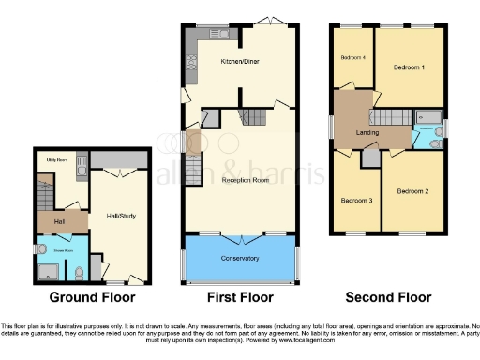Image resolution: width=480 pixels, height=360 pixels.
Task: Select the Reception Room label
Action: [241, 178]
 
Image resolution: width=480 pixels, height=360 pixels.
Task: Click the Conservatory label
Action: [240, 257]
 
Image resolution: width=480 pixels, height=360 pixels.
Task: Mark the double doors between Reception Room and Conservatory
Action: [241, 233]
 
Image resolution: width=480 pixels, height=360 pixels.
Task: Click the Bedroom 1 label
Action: [409, 67]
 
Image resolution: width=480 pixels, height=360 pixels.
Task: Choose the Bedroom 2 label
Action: [412, 191]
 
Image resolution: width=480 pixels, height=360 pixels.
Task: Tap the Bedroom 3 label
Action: [356, 201]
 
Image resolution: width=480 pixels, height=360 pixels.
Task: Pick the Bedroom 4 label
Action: [352, 58]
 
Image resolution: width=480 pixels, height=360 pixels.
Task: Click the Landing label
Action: [367, 132]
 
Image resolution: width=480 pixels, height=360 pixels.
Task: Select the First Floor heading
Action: [240, 298]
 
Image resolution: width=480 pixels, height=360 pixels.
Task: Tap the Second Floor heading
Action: [388, 298]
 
